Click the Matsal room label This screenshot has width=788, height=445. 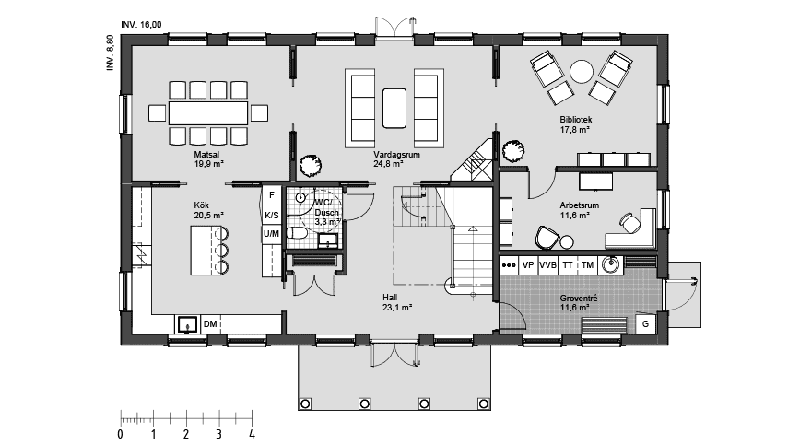(x=206, y=155)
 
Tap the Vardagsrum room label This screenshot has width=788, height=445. (x=396, y=155)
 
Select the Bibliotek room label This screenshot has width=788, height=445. (x=576, y=120)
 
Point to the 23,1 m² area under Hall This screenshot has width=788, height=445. (x=397, y=308)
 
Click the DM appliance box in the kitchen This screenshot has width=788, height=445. (x=210, y=324)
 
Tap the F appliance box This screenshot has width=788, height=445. (x=272, y=195)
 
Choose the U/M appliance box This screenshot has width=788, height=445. (x=271, y=233)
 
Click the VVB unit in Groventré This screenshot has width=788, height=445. (x=547, y=265)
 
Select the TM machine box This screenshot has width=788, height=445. (x=587, y=265)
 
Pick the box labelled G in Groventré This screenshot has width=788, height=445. (x=646, y=324)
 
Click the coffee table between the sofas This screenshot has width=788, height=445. (x=394, y=109)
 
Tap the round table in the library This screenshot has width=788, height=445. (x=582, y=72)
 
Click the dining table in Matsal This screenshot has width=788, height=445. (x=208, y=113)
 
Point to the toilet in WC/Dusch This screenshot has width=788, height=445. (x=297, y=233)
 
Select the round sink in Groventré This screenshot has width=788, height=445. (x=612, y=264)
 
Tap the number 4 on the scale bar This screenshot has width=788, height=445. (x=252, y=435)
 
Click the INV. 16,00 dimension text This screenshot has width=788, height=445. (x=141, y=25)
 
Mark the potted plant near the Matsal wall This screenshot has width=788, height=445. (x=310, y=165)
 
